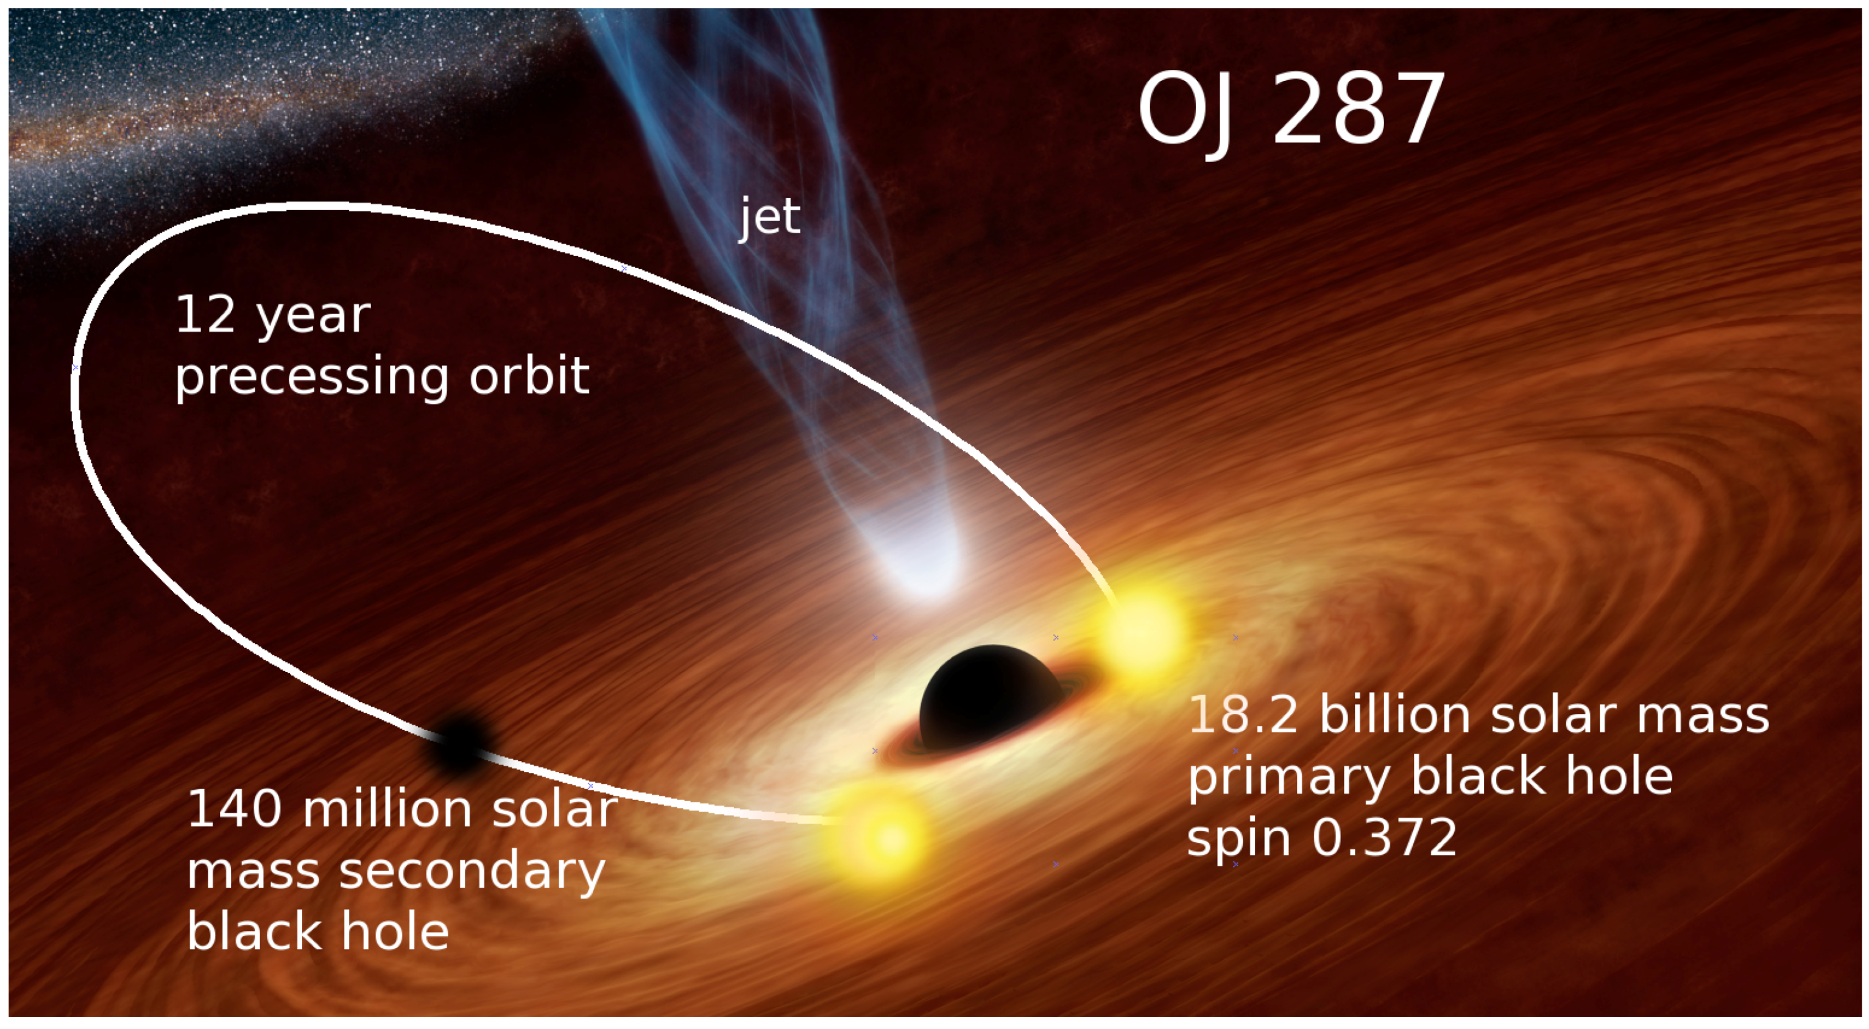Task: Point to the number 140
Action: (235, 809)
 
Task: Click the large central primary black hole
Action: (991, 696)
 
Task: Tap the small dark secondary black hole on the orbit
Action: (459, 744)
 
